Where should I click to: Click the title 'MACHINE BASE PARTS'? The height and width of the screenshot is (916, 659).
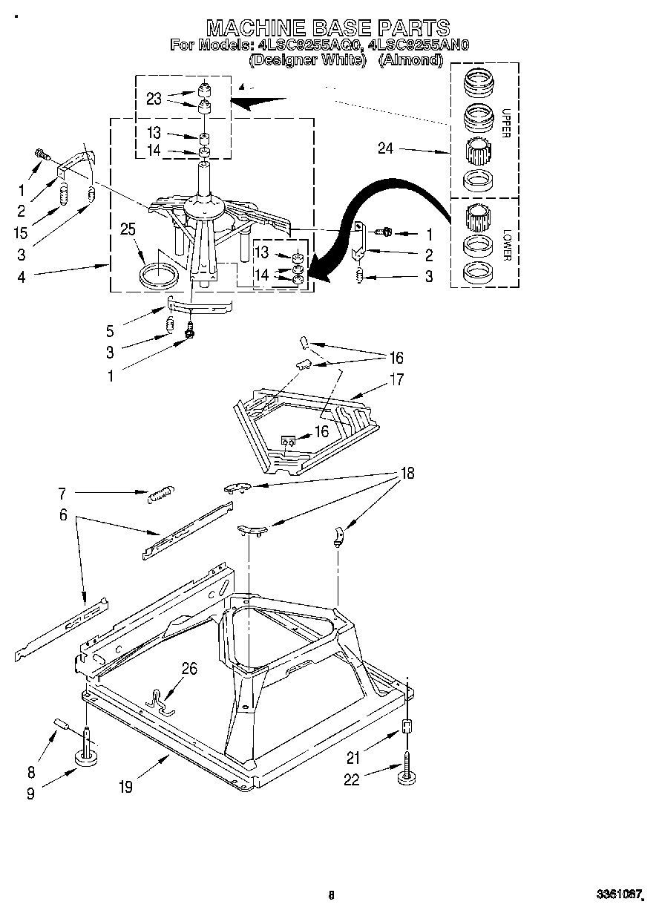click(x=328, y=27)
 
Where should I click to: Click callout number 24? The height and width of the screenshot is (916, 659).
click(x=385, y=148)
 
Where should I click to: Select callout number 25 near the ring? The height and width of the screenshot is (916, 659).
click(x=128, y=229)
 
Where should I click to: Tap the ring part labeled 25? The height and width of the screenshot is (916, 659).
click(x=160, y=275)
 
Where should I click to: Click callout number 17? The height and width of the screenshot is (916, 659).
click(x=396, y=379)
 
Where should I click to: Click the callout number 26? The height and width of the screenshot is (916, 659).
click(x=189, y=670)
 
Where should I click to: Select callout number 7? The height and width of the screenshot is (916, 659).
click(x=62, y=493)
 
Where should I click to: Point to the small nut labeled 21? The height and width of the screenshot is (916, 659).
click(x=406, y=727)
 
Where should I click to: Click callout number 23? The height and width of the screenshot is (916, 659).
click(x=154, y=99)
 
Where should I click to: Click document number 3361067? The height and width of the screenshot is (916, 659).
click(x=617, y=896)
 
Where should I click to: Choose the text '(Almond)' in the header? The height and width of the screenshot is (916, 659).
click(x=410, y=60)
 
